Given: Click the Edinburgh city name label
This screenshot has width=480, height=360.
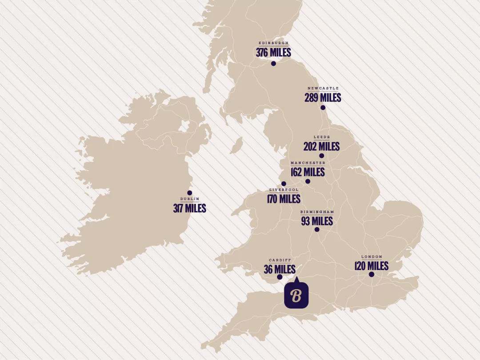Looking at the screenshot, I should [x=273, y=43].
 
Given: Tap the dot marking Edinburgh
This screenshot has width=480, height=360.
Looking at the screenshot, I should [x=273, y=64].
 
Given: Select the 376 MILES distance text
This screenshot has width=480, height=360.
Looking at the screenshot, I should [x=273, y=52].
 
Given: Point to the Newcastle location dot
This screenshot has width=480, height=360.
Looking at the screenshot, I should [x=323, y=108].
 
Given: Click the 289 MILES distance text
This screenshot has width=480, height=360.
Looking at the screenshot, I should [x=323, y=97].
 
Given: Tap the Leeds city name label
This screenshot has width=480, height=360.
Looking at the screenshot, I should [x=322, y=137].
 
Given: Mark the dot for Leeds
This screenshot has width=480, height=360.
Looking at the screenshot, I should [x=321, y=156].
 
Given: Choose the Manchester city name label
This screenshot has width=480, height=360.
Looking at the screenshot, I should [x=308, y=163].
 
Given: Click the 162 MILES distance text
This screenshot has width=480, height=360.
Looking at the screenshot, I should [x=308, y=172].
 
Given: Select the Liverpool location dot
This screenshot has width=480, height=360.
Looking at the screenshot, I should [x=284, y=184].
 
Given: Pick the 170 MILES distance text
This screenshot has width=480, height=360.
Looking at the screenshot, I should [x=284, y=199].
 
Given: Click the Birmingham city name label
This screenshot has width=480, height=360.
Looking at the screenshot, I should [x=317, y=212].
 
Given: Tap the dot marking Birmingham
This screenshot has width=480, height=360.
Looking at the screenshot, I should [x=317, y=229].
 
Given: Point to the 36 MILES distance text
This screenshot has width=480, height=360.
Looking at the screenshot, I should [x=280, y=269].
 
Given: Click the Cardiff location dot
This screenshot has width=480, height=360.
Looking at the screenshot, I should [x=280, y=277].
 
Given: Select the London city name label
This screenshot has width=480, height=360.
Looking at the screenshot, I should [x=372, y=257].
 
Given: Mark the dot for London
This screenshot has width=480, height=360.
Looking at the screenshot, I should [x=372, y=274].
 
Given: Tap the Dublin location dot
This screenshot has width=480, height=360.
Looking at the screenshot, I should [x=189, y=193].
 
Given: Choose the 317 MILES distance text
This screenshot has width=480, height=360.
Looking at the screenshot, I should [x=189, y=208].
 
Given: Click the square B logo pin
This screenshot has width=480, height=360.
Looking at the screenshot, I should [x=296, y=295].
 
